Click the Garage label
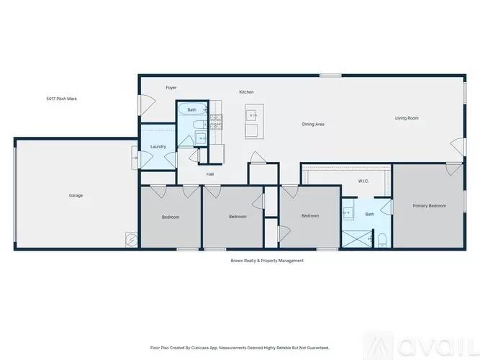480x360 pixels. pos(76,195)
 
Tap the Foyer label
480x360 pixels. pos(171,88)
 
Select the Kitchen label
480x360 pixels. pos(246,92)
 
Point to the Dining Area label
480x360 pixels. pos(313,124)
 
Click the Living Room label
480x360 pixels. pos(407,117)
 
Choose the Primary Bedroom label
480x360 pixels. pos(429,206)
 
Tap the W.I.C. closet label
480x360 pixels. pos(363,181)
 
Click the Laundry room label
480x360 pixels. pos(158,147)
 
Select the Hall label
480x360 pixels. pos(210,174)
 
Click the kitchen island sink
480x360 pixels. pos(252,114)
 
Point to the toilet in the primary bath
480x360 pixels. pos(382,239)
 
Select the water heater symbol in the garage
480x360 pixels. pos(131,238)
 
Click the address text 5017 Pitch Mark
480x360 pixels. pos(61,99)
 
